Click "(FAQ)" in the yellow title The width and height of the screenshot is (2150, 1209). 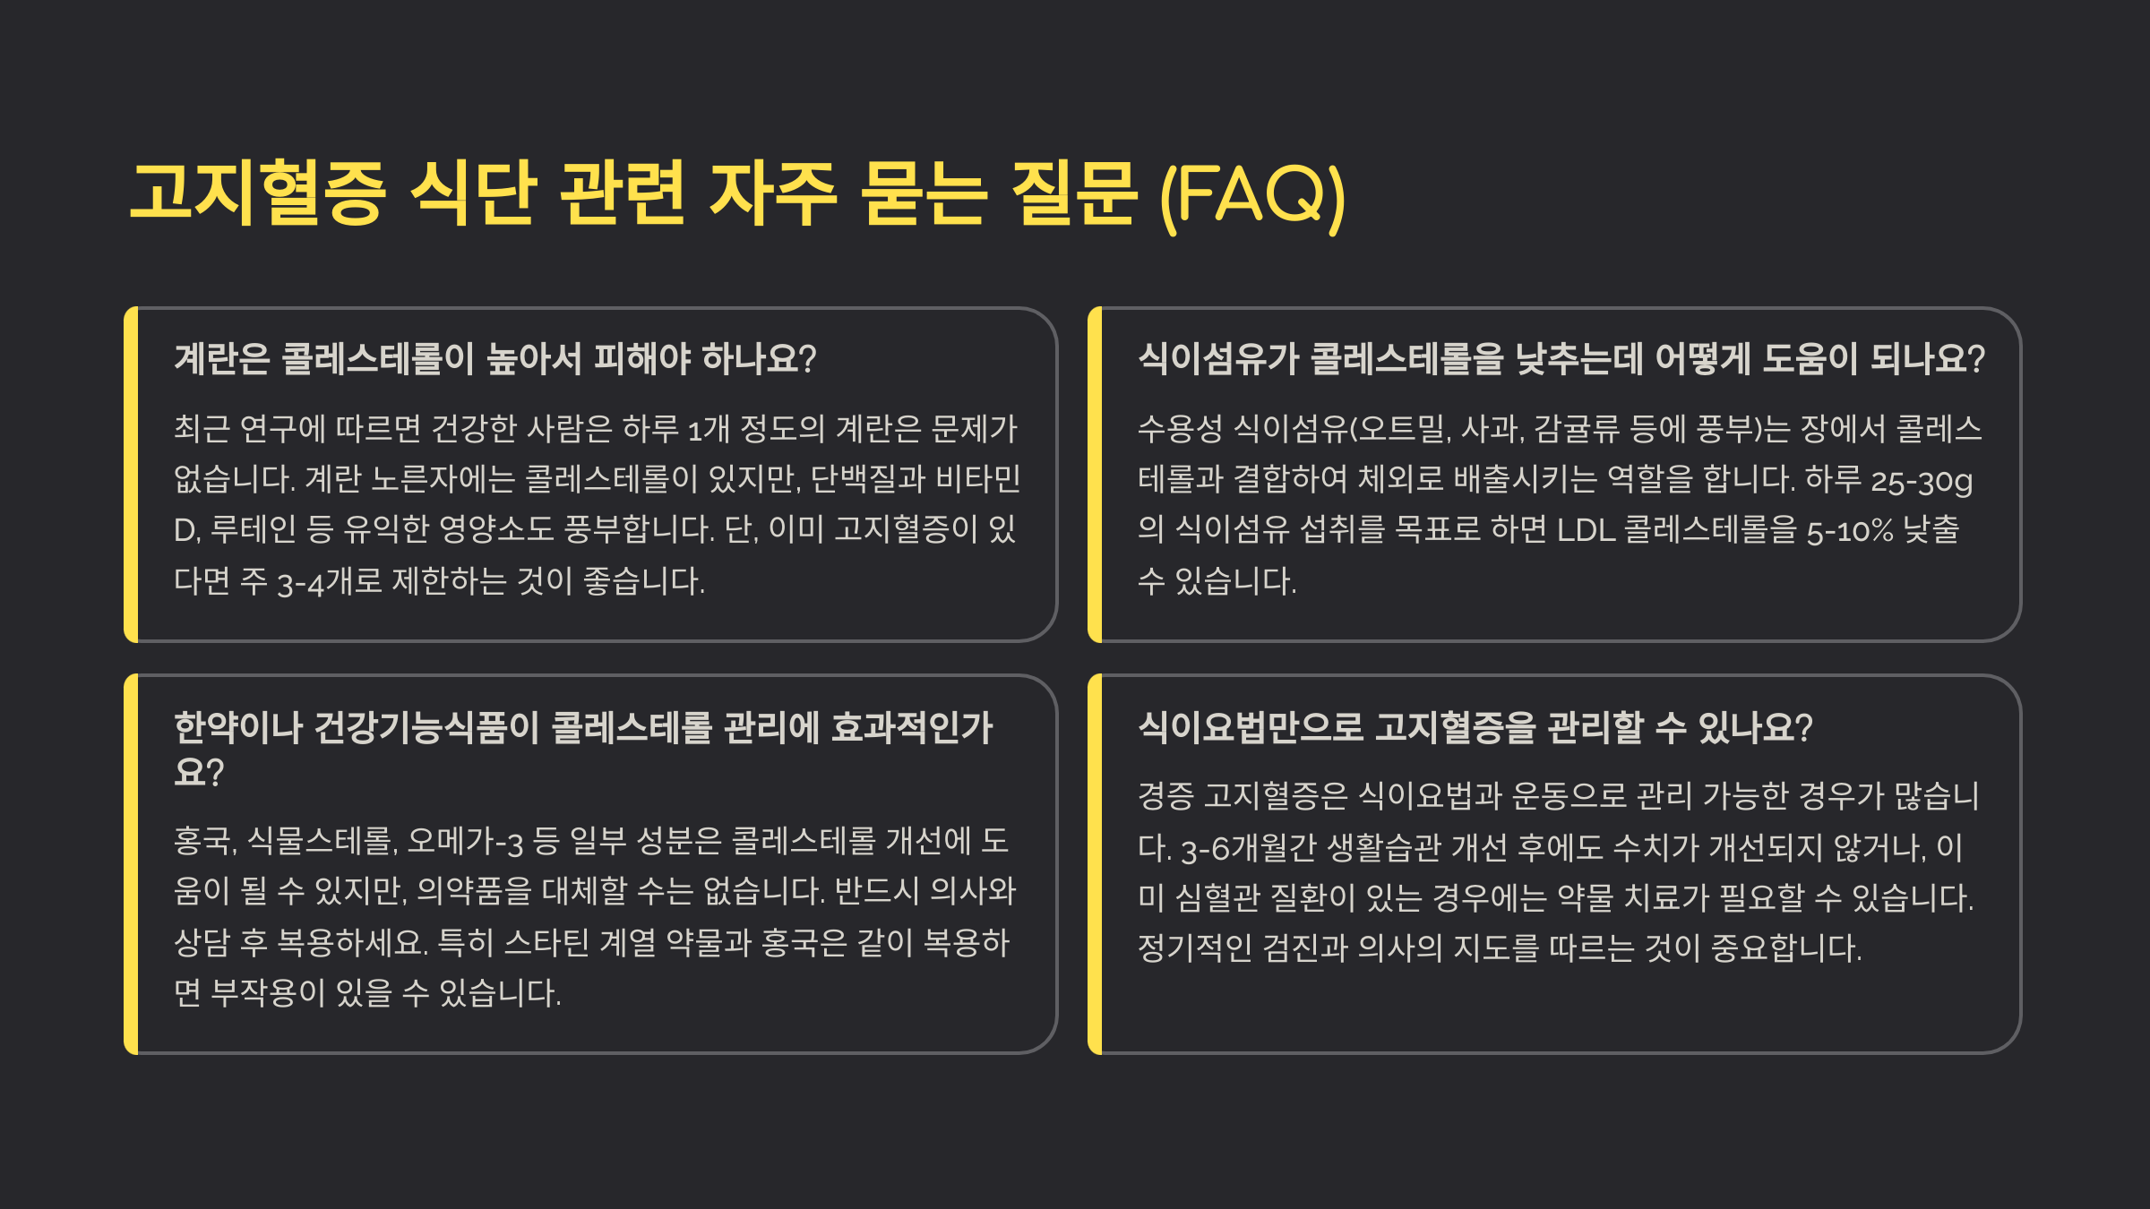pos(1252,194)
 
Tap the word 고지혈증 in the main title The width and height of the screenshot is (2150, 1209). pos(258,193)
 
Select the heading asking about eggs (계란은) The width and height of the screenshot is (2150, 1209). pos(494,359)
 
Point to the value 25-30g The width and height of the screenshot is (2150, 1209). pos(1922,481)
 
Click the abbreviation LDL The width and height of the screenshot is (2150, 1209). pos(1586,531)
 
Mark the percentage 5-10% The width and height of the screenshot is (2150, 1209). pos(1849,531)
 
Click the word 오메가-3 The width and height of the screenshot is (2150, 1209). pos(465,842)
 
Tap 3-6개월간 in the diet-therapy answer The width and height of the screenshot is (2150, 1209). pos(1248,848)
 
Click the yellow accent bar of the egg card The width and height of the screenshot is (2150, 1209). pos(131,475)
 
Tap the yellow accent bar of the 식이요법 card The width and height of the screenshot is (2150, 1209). pos(1095,864)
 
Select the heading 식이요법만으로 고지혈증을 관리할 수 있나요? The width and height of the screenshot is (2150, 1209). pos(1475,727)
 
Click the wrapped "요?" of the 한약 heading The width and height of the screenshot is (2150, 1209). pos(198,772)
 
